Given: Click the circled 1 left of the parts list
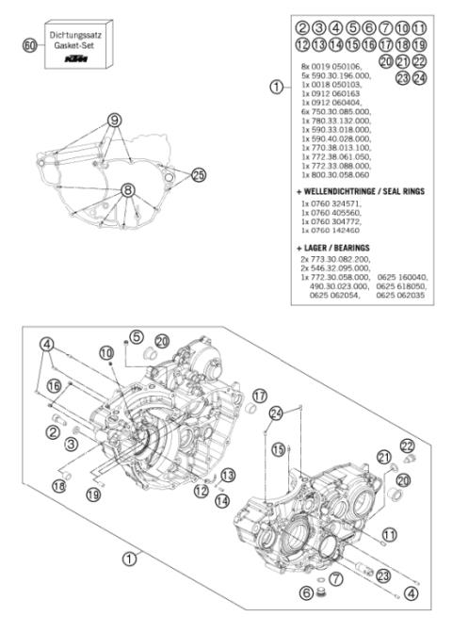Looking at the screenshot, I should [275, 87].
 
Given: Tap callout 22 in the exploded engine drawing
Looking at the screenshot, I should [407, 445].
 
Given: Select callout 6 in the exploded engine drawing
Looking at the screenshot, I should [305, 593].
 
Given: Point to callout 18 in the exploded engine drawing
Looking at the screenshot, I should [58, 485].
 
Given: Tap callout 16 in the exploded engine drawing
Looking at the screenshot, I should [54, 386].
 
